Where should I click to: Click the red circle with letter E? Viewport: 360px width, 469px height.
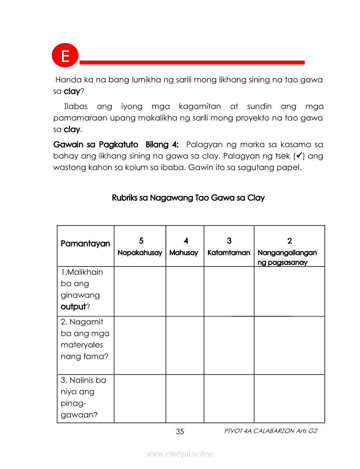click(65, 56)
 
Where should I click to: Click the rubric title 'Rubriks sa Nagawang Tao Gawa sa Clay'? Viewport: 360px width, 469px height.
click(188, 198)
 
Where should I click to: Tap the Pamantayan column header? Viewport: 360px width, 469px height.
click(85, 243)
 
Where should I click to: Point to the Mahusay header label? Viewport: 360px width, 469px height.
click(184, 253)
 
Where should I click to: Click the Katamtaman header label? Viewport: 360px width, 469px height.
click(229, 253)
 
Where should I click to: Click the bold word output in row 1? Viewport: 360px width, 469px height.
click(73, 306)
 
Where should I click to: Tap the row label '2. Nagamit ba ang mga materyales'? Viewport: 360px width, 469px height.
click(85, 339)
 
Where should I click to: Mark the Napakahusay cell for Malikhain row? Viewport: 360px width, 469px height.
click(140, 291)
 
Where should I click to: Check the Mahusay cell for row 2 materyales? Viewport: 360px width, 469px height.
click(185, 345)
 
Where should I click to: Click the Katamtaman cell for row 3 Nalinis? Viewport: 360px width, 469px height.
click(229, 398)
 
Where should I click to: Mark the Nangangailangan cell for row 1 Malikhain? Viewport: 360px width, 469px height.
click(289, 291)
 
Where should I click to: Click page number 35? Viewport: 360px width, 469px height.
click(180, 431)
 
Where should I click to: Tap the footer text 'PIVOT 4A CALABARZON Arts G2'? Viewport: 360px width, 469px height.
click(270, 431)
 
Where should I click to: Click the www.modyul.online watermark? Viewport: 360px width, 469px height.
click(180, 454)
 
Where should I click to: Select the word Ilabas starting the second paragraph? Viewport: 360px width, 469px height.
click(76, 106)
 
